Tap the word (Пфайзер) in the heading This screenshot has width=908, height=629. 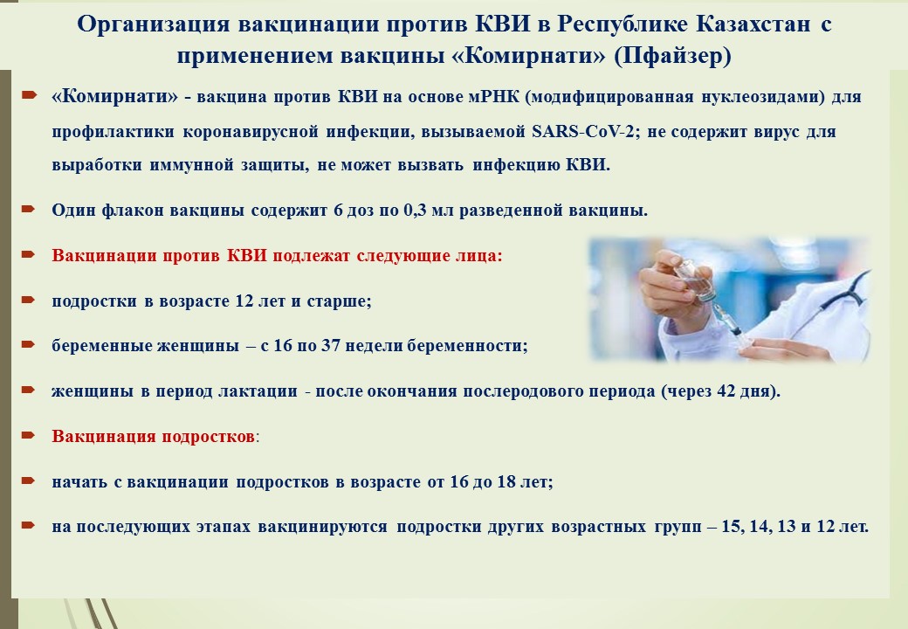coord(672,56)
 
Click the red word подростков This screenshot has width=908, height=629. coord(208,436)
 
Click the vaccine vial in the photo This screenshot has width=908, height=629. coord(691,279)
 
